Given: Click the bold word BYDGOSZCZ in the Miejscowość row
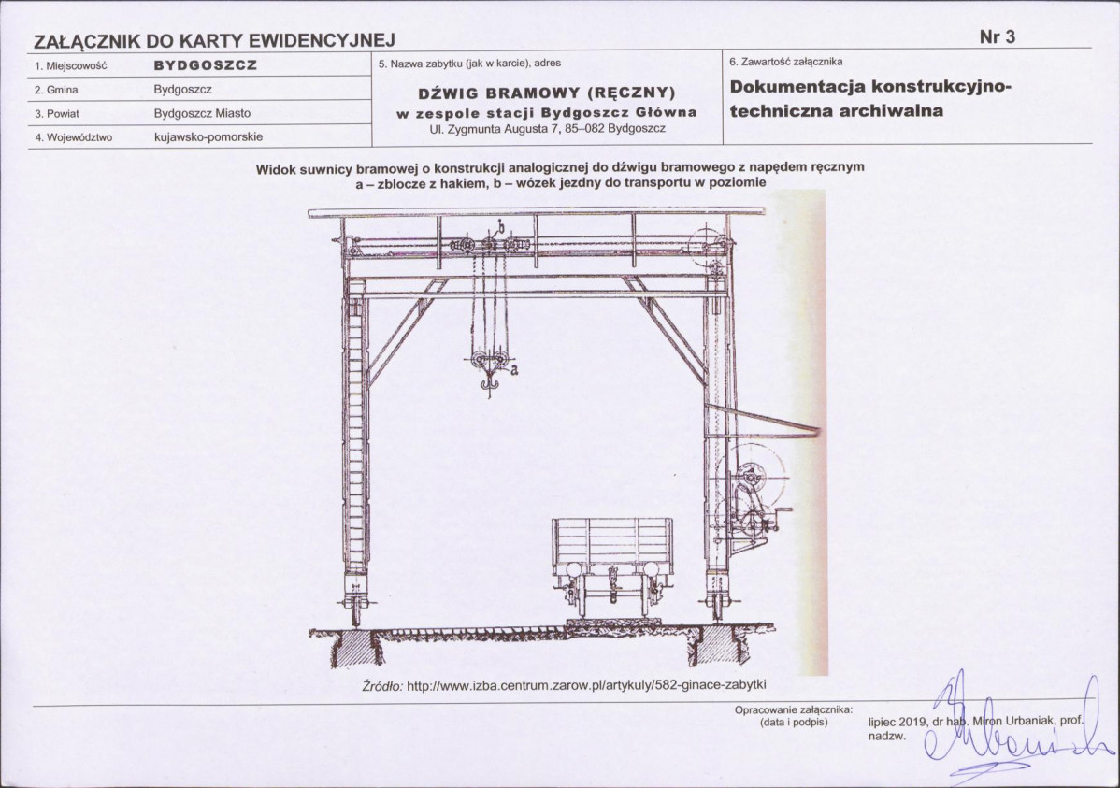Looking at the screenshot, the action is [205, 65].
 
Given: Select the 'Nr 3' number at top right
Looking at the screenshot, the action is [998, 37].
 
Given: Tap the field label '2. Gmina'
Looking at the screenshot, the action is [56, 90].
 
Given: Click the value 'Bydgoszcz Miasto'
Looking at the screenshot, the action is [202, 113].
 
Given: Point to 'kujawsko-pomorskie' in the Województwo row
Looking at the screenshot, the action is [208, 136].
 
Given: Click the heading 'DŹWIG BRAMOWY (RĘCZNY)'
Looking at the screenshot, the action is [546, 93].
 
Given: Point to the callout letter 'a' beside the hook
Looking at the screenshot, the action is [513, 368].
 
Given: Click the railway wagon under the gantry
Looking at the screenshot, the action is [613, 566].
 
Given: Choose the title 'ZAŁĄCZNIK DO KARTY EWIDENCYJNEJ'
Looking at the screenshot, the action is [214, 41].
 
